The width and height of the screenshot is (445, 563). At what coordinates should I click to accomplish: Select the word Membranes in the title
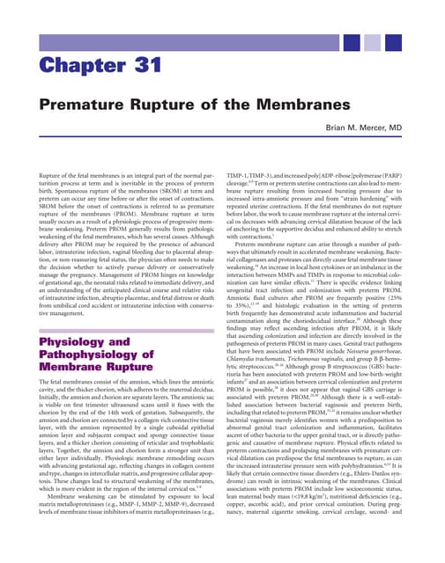click(306, 106)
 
